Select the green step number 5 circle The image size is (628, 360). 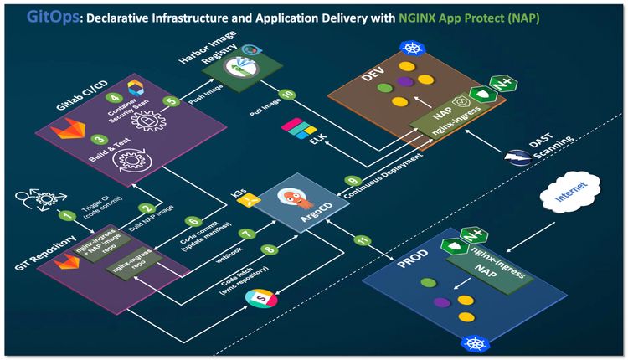click(172, 102)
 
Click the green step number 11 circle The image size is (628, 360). click(362, 241)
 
